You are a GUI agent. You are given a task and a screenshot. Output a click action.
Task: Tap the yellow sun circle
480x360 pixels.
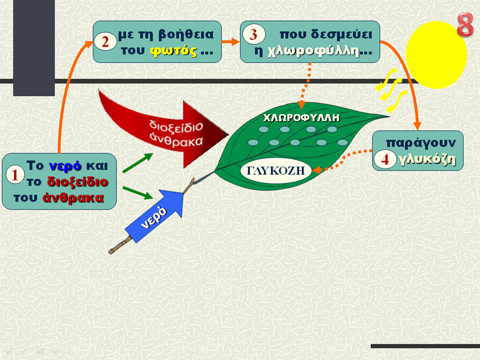pos(436,55)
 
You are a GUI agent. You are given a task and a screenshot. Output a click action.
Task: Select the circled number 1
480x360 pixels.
pos(14,175)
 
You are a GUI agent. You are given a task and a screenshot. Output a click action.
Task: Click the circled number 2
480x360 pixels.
pos(105,41)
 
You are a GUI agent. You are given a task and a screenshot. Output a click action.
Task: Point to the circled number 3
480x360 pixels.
pos(254,34)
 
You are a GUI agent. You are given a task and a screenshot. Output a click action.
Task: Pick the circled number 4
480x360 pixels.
pos(385,159)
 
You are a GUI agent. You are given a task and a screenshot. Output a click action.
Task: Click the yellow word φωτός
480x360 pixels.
pos(173,50)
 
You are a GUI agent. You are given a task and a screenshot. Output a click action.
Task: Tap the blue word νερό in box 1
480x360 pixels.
pos(65,166)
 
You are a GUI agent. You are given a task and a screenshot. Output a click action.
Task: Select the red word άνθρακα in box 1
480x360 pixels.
pos(73,198)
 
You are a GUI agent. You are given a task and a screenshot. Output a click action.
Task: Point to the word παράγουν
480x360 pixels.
pos(421,143)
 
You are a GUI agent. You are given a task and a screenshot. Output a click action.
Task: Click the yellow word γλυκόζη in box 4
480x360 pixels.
pos(427,159)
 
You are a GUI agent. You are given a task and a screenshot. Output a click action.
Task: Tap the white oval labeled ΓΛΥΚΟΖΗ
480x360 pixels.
pos(276,170)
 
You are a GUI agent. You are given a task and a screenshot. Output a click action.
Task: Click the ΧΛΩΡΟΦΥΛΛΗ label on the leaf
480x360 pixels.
pos(301,117)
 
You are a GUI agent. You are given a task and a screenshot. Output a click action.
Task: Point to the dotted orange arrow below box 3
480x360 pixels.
pos(305,85)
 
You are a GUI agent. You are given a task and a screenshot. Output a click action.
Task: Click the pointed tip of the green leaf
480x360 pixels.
pos(389,116)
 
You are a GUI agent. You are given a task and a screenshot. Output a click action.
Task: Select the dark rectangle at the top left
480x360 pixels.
pos(34,48)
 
